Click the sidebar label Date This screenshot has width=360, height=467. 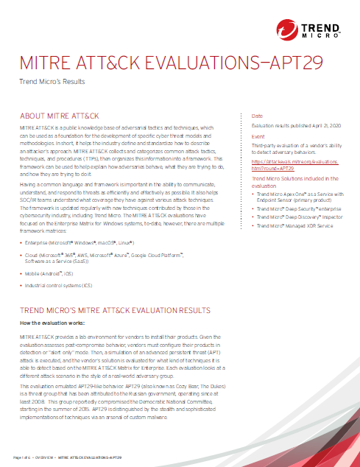click(x=257, y=116)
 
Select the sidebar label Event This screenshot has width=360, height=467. click(x=258, y=136)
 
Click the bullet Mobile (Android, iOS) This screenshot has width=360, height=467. click(x=59, y=273)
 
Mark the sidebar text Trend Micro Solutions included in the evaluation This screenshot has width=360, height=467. click(x=294, y=182)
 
